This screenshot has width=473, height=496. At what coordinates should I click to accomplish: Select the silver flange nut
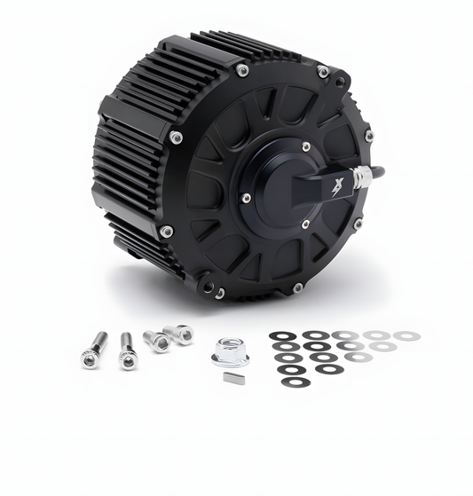coord(231,352)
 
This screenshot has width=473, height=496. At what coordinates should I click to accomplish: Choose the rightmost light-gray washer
coord(406,335)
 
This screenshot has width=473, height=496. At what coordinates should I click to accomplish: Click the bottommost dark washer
coord(293,382)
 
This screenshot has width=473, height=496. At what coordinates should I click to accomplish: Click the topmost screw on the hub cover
coord(305,147)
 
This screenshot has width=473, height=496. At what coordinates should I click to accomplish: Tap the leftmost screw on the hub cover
coord(246,198)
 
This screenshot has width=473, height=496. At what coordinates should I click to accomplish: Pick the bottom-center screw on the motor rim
coord(297,287)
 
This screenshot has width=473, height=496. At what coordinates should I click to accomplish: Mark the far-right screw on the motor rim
coord(369,136)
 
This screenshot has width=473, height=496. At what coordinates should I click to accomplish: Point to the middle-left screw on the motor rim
coord(176,138)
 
